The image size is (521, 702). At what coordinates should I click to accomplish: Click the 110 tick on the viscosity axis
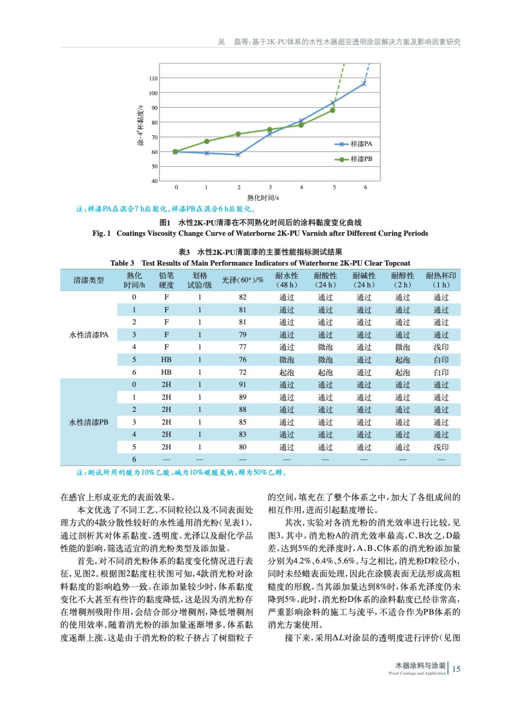[x=153, y=79]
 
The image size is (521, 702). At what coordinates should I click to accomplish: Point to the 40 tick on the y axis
[x=154, y=181]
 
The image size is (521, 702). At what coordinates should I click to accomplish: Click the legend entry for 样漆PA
[x=353, y=144]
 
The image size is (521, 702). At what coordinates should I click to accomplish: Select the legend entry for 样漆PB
[x=353, y=159]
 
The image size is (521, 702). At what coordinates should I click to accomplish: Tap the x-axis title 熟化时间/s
[x=263, y=197]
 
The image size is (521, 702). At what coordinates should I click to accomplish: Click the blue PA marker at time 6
[x=364, y=84]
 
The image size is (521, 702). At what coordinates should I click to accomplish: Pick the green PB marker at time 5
[x=333, y=110]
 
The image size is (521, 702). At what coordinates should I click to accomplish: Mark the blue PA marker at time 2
[x=238, y=154]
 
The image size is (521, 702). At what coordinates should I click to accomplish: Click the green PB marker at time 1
[x=207, y=141]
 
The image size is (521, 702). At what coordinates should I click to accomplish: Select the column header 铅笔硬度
[x=166, y=280]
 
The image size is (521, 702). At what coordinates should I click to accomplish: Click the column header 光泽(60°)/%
[x=242, y=280]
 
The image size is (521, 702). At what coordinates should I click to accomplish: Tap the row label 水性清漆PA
[x=88, y=335]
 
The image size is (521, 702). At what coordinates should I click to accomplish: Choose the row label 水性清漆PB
[x=88, y=422]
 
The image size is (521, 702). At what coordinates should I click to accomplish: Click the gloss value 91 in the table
[x=243, y=384]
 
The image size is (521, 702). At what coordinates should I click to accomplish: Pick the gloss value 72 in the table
[x=243, y=372]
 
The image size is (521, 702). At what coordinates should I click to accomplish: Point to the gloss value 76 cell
[x=243, y=359]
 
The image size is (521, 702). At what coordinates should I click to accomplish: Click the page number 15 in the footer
[x=456, y=669]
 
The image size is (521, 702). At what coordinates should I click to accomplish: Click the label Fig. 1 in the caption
[x=101, y=233]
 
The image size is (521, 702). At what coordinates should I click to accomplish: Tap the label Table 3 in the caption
[x=122, y=263]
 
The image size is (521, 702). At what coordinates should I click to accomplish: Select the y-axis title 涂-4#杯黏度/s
[x=140, y=125]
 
